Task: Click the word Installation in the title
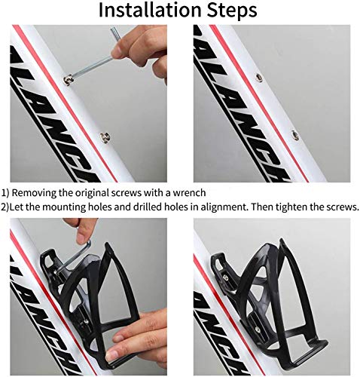pyautogui.click(x=148, y=11)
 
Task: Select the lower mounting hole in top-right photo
pyautogui.click(x=294, y=136)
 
